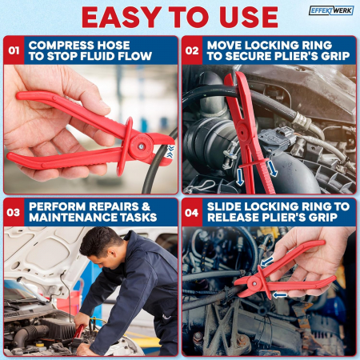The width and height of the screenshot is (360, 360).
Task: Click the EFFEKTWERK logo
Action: [331, 10]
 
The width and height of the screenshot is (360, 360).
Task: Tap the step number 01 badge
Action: [14, 50]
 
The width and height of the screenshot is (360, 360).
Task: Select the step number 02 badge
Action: [192, 50]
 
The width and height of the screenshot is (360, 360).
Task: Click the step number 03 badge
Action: [14, 213]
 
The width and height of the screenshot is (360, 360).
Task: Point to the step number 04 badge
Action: [192, 213]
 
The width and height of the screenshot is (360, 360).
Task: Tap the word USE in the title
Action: [249, 18]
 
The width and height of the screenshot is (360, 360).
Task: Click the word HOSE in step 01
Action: [113, 45]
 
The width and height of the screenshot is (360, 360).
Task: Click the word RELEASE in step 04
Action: [233, 218]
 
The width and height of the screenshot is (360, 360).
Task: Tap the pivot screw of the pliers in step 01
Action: [141, 146]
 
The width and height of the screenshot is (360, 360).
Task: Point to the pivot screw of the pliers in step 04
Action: [254, 284]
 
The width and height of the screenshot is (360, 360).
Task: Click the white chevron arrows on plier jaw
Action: [170, 151]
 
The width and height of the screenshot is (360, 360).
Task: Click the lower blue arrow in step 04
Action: [280, 294]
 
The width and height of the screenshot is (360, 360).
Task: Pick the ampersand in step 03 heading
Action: [146, 206]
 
